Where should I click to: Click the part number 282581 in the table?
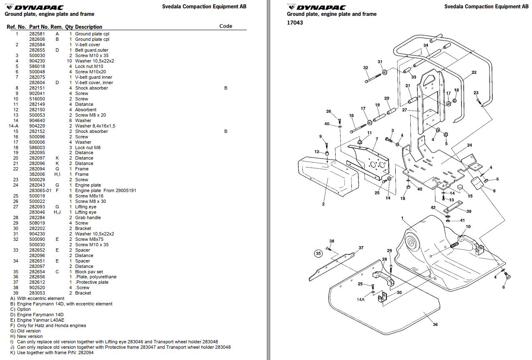pos(37,34)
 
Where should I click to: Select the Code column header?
pos(226,26)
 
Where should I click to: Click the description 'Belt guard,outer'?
pos(92,50)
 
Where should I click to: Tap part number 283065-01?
pos(40,190)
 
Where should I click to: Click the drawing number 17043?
pos(295,23)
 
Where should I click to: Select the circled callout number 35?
pos(319,253)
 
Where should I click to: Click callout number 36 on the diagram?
pos(435,325)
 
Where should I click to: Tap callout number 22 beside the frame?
pos(474,72)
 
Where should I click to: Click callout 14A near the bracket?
pos(361,299)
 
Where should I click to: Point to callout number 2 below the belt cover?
pos(323,204)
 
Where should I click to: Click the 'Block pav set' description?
pos(89,272)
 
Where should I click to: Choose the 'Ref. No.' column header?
pos(16,27)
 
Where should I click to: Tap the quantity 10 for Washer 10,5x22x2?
pos(70,61)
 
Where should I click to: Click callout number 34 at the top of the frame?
pos(426,45)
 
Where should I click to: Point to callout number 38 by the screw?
pos(332,241)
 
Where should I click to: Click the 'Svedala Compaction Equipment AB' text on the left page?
pos(204,6)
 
